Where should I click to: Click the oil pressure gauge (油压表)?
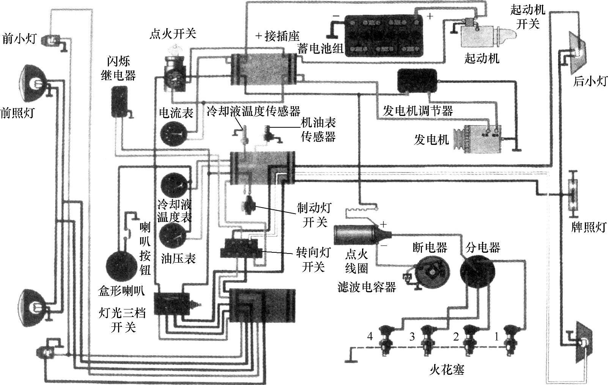point(172,236)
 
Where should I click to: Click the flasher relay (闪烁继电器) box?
point(120,100)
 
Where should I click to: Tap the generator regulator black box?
point(416,82)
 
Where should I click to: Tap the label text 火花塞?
point(447,370)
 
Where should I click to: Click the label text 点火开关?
point(173,34)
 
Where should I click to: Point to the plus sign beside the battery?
point(430,16)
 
